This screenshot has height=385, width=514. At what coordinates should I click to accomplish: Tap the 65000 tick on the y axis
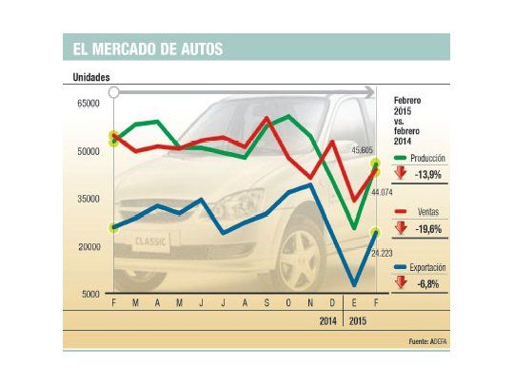(x=88, y=103)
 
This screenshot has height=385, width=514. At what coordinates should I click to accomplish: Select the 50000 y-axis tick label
(x=88, y=151)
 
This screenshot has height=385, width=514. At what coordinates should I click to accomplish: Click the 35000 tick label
(x=88, y=199)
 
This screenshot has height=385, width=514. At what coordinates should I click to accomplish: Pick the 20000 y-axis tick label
(x=88, y=247)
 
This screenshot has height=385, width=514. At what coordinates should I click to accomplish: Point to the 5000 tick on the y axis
(x=90, y=295)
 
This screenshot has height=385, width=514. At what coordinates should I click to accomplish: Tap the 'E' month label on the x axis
(x=354, y=302)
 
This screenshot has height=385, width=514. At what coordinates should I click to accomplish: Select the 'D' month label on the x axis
(x=332, y=302)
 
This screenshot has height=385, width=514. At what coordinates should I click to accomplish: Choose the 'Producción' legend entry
(x=425, y=158)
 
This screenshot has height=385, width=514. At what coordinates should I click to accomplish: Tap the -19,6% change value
(x=429, y=229)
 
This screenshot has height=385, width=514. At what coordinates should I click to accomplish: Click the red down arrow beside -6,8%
(x=401, y=282)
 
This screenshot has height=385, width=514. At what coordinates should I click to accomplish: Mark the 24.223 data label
(x=382, y=253)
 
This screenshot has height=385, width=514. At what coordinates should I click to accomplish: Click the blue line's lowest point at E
(x=354, y=284)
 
